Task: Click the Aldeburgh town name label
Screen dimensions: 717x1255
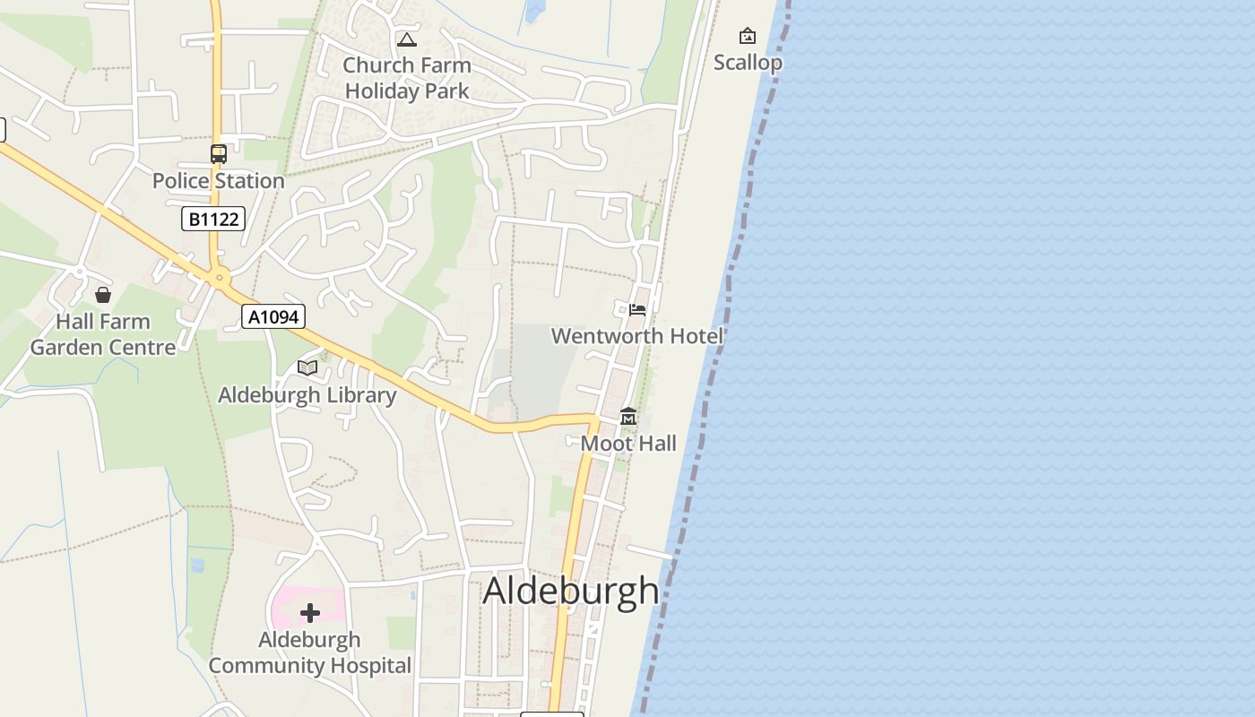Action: (x=571, y=591)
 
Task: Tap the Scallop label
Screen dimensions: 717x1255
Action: (x=748, y=63)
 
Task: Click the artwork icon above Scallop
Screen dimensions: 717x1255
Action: (x=747, y=36)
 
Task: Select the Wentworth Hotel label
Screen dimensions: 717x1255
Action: (x=636, y=336)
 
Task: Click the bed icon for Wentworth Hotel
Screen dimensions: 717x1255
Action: (x=637, y=309)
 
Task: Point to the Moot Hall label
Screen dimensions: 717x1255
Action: (x=628, y=444)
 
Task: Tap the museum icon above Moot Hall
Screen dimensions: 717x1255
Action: (x=628, y=417)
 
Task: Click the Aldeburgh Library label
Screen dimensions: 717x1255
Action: (x=307, y=395)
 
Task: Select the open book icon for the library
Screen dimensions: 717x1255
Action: (x=307, y=367)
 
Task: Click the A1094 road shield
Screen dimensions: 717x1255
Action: (x=273, y=316)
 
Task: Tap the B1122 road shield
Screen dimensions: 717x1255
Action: (x=213, y=218)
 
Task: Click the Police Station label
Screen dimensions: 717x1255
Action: (x=218, y=180)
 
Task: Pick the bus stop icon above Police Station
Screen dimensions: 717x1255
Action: (x=218, y=153)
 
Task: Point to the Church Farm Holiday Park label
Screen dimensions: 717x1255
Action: (x=407, y=78)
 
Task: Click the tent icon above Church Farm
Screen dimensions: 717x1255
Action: (x=407, y=39)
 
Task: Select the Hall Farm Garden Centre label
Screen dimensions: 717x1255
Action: (x=103, y=334)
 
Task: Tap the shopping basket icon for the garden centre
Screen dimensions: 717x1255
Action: (x=103, y=295)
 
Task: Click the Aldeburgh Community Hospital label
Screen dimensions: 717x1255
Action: (x=310, y=652)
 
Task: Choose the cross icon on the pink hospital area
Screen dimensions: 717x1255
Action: (x=310, y=613)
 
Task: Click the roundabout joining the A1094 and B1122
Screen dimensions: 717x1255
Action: (x=219, y=278)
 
